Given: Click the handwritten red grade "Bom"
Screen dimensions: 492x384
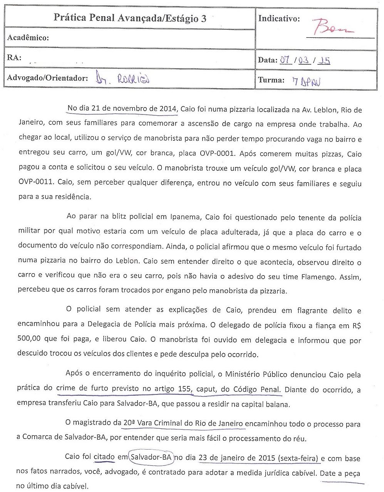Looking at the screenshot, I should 333,27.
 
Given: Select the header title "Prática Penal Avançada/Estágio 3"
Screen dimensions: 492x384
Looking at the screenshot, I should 130,18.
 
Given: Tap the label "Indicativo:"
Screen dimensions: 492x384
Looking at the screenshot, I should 279,19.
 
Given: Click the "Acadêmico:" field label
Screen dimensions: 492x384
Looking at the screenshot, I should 28,38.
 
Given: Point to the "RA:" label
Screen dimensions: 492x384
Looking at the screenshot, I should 14,57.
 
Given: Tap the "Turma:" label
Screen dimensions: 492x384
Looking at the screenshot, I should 271,80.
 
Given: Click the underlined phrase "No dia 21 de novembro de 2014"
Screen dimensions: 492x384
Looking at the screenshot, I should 122,109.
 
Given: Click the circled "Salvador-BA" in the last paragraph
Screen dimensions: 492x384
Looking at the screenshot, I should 151,458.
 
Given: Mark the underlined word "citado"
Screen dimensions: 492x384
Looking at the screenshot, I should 104,458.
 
